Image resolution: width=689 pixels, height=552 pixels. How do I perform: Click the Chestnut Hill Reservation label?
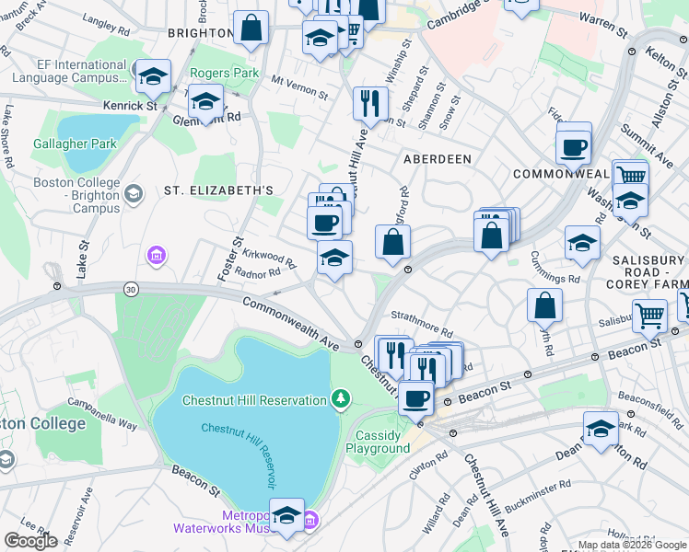pos(254,399)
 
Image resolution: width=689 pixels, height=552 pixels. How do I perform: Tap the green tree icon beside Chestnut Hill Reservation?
pos(341,398)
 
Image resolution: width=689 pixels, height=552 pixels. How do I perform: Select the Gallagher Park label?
pos(75,144)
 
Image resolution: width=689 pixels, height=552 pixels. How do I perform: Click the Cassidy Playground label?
pos(378,442)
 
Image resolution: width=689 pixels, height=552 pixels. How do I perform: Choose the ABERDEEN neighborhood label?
pos(438,159)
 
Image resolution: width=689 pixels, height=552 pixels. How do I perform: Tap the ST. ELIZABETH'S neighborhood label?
pos(219,190)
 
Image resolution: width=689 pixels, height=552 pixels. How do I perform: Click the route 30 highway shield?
pos(132,291)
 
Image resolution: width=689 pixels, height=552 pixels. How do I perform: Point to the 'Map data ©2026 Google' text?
pos(632,545)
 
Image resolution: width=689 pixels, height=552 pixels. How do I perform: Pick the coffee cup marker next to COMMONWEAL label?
pos(573,146)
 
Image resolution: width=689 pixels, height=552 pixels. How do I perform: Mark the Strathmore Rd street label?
pos(422,323)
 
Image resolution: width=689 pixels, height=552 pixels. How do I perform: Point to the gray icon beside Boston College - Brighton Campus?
pos(134,193)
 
